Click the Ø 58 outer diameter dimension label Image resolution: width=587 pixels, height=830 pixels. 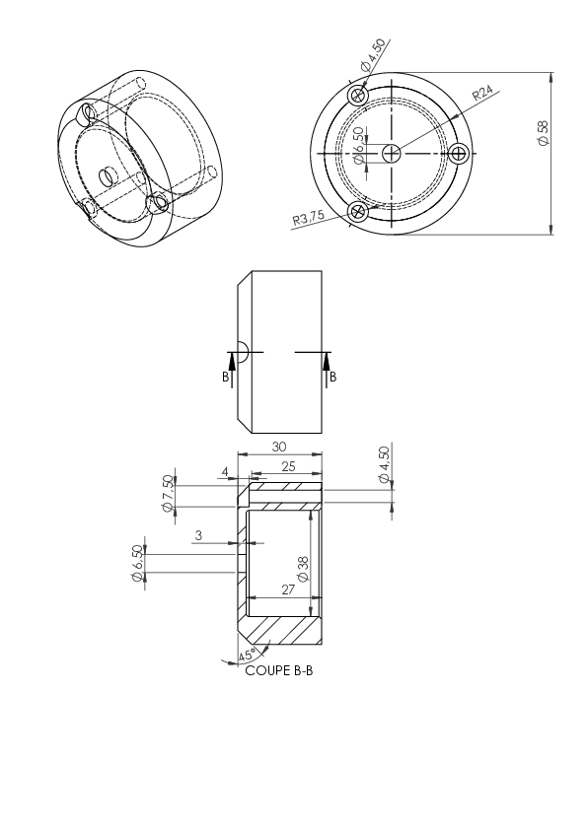pyautogui.click(x=543, y=133)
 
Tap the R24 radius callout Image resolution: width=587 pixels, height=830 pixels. pyautogui.click(x=482, y=93)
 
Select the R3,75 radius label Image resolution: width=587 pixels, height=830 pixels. pyautogui.click(x=308, y=218)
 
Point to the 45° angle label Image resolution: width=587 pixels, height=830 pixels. pyautogui.click(x=248, y=655)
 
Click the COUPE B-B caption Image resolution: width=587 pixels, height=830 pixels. pyautogui.click(x=278, y=670)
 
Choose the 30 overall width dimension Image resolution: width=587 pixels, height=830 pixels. pyautogui.click(x=279, y=447)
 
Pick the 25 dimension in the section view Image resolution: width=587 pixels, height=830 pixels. pyautogui.click(x=288, y=466)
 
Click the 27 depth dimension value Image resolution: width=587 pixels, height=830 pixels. pyautogui.click(x=288, y=589)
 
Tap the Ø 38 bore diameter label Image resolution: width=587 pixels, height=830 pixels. pyautogui.click(x=303, y=569)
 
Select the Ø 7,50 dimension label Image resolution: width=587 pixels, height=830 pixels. pyautogui.click(x=168, y=493)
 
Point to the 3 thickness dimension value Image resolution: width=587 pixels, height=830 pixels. pyautogui.click(x=198, y=535)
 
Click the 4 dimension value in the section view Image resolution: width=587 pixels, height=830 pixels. pyautogui.click(x=225, y=471)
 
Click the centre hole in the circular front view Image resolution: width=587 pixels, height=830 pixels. pyautogui.click(x=392, y=154)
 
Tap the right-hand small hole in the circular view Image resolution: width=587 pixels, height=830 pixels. pyautogui.click(x=459, y=154)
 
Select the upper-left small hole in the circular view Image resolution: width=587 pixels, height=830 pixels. pyautogui.click(x=358, y=96)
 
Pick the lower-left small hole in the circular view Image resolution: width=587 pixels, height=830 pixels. pyautogui.click(x=358, y=212)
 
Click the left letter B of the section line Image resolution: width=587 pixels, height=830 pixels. pyautogui.click(x=225, y=378)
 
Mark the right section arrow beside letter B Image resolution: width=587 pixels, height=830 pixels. pyautogui.click(x=326, y=370)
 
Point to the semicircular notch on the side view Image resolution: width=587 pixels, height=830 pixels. pyautogui.click(x=243, y=352)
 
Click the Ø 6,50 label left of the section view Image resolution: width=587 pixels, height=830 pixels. pyautogui.click(x=137, y=564)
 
